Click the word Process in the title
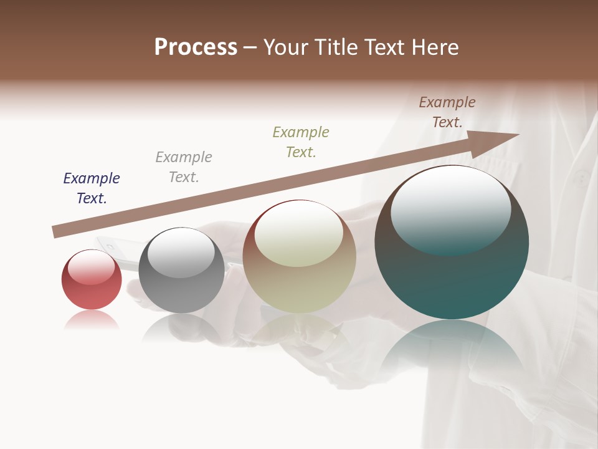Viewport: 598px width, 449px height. click(x=196, y=47)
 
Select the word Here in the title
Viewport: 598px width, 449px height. click(x=435, y=47)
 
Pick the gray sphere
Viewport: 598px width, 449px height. click(x=181, y=293)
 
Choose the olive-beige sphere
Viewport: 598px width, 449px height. click(x=299, y=287)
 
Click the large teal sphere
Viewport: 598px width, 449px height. click(x=452, y=281)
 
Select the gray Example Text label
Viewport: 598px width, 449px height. click(x=184, y=167)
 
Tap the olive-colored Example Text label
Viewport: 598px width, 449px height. click(x=301, y=142)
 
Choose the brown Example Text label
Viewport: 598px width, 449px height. click(x=447, y=112)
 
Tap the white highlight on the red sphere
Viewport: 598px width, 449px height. click(x=92, y=266)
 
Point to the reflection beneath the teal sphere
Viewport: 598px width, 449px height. click(x=452, y=349)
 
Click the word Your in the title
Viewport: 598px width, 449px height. click(x=286, y=47)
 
